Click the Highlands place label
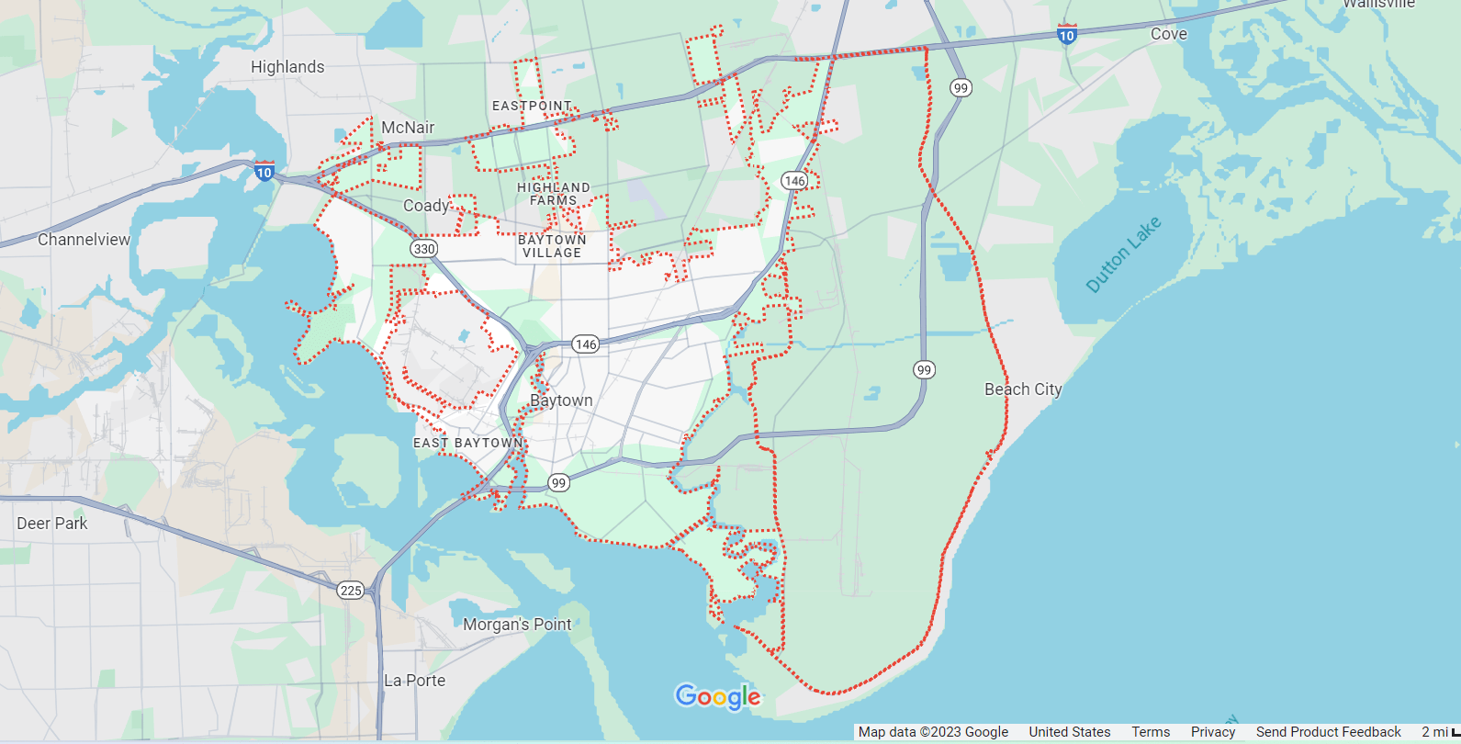287,67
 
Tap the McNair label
408,128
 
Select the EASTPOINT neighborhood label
532,107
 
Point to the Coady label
427,206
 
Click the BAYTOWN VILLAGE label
552,246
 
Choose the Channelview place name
84,240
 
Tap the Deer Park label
52,524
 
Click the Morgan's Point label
517,625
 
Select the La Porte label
414,681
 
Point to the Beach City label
1023,389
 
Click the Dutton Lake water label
1123,254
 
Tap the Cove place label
1168,34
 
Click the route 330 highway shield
423,249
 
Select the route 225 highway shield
351,591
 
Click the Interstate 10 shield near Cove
1066,35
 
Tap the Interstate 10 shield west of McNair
264,171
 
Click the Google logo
718,697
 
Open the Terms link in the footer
1151,732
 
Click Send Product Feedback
1328,732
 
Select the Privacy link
1213,732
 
